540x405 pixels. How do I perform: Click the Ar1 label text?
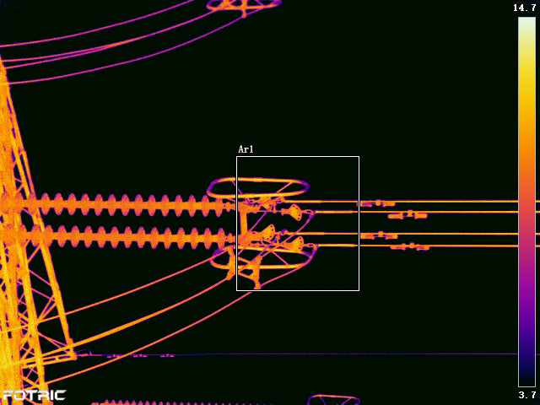[246, 149]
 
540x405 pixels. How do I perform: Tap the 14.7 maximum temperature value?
[524, 8]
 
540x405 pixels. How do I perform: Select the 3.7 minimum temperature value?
[526, 394]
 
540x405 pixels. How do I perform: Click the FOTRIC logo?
[34, 396]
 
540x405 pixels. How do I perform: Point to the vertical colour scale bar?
[526, 202]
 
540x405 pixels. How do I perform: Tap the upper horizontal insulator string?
[117, 205]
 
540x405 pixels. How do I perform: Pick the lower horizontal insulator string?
[117, 236]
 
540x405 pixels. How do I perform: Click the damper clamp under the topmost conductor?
[378, 204]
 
